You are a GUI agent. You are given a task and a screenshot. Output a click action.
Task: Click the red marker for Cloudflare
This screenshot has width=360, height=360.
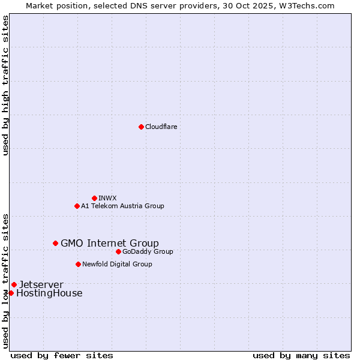point(141,127)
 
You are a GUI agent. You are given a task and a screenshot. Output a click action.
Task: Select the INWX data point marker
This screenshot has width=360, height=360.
point(94,198)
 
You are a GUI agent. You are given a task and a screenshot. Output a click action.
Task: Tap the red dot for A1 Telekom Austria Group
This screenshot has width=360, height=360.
point(77,206)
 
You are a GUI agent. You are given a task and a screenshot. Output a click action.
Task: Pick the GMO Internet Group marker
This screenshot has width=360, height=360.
point(55,243)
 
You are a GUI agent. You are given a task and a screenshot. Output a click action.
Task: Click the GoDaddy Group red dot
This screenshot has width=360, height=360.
point(118,251)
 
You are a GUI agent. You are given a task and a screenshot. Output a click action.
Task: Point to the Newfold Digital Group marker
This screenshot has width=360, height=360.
point(78,264)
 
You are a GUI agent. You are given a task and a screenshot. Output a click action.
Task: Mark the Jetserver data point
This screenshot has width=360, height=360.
point(14,284)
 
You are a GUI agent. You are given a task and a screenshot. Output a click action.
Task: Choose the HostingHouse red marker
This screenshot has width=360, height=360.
point(11,293)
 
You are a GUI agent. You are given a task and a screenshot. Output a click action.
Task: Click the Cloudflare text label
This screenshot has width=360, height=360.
point(161,127)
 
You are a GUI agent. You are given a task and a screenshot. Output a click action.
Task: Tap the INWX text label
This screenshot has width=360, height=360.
point(107,198)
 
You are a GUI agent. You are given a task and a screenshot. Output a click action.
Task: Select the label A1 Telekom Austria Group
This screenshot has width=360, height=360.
point(122,206)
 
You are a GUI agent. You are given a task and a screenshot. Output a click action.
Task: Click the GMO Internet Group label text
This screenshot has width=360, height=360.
point(110,243)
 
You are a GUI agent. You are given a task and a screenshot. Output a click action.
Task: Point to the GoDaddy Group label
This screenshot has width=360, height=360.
point(148,251)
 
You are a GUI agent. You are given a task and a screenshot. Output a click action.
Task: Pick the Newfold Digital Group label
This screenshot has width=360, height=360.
point(117,264)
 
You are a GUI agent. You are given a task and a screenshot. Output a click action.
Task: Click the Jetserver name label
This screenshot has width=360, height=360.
point(41,284)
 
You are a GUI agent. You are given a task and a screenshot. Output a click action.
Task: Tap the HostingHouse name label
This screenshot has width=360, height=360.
point(49,293)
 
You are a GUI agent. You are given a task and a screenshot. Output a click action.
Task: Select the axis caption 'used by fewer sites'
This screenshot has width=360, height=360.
point(62,355)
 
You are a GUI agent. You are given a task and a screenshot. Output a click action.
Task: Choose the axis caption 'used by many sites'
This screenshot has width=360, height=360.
point(301,355)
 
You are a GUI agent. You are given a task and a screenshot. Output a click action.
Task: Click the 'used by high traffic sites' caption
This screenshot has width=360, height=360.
point(5,85)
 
